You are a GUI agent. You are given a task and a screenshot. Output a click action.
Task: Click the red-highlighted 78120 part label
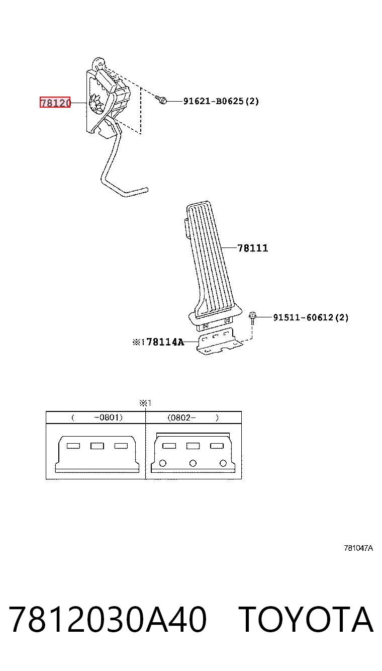pos(55,103)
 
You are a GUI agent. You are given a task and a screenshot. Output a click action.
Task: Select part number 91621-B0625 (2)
pos(221,101)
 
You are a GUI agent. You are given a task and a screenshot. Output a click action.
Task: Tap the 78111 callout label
pos(253,248)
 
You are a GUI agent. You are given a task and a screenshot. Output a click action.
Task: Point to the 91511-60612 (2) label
pos(311,317)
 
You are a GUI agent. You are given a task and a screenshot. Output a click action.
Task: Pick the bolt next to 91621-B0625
pos(161,100)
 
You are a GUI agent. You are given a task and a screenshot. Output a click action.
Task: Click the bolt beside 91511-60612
pos(252,318)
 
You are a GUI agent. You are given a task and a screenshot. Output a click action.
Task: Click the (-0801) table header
pos(97,417)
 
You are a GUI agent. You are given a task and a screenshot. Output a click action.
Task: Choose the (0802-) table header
pos(193,417)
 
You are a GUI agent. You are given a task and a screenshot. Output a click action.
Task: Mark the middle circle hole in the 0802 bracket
pos(193,463)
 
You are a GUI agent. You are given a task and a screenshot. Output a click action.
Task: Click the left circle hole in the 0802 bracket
pos(162,463)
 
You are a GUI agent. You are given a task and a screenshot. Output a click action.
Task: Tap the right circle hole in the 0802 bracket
pos(223,463)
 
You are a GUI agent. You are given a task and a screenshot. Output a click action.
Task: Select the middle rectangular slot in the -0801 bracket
pos(97,446)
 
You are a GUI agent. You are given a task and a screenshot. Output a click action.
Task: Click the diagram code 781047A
pos(358,548)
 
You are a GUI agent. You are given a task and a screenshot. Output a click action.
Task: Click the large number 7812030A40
pos(108,619)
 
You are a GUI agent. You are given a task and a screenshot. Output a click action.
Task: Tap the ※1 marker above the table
pos(145,403)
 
